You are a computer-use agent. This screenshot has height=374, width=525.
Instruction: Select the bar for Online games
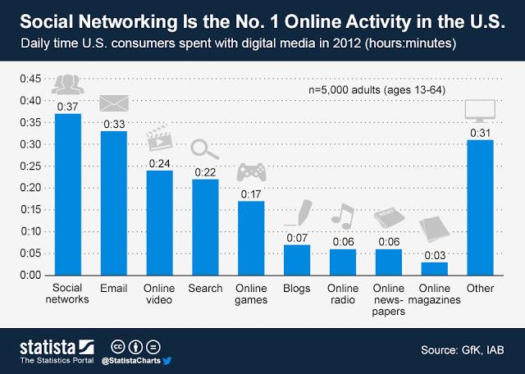[x=251, y=238]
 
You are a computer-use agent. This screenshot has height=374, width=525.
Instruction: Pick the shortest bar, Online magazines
[x=435, y=268]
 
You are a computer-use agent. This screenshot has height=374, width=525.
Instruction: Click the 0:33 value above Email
[x=113, y=124]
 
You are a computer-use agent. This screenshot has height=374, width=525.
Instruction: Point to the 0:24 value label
[x=159, y=163]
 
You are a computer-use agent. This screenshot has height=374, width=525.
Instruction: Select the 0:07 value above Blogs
[x=297, y=237]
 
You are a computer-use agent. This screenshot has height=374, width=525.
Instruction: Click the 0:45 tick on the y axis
[x=30, y=79]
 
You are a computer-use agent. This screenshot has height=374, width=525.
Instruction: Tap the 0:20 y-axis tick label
[x=30, y=188]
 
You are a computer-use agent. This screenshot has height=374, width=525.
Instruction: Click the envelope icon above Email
[x=113, y=104]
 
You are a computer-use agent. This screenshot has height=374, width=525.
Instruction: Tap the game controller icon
[x=250, y=173]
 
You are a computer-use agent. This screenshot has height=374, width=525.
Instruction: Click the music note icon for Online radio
[x=342, y=217]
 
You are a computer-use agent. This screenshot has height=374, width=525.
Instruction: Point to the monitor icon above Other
[x=480, y=111]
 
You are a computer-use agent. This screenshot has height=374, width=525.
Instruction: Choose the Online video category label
[x=159, y=293]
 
